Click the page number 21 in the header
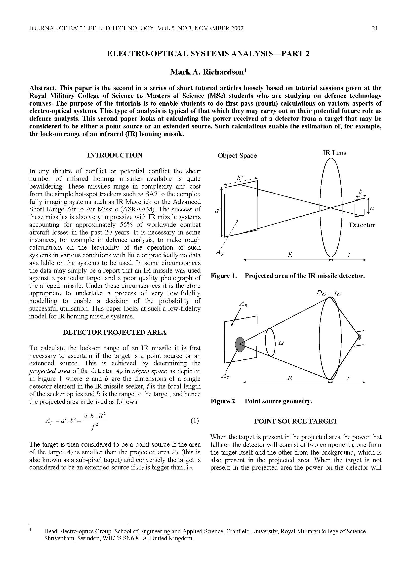coord(375,29)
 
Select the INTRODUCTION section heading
coord(115,155)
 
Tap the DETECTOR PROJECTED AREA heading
coord(114,332)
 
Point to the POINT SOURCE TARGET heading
coord(296,421)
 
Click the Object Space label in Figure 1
coord(237,156)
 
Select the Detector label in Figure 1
coord(362,225)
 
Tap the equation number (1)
coord(194,421)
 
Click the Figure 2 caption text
coord(261,401)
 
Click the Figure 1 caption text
coord(288,275)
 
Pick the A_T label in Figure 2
coord(225,376)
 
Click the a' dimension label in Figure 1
coord(217,210)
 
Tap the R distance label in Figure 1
coord(290,255)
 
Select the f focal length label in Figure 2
coord(348,378)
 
